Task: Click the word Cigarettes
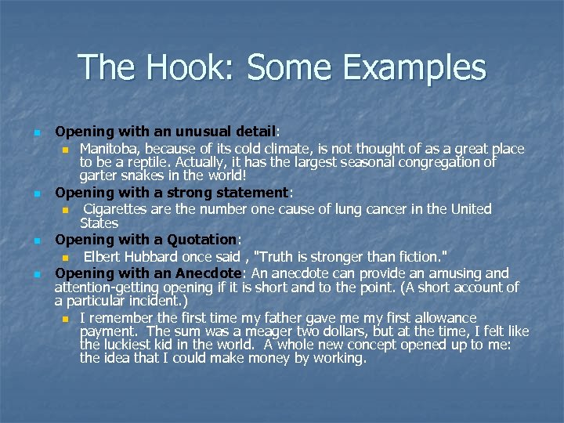[x=118, y=209]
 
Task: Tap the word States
[x=99, y=223]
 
